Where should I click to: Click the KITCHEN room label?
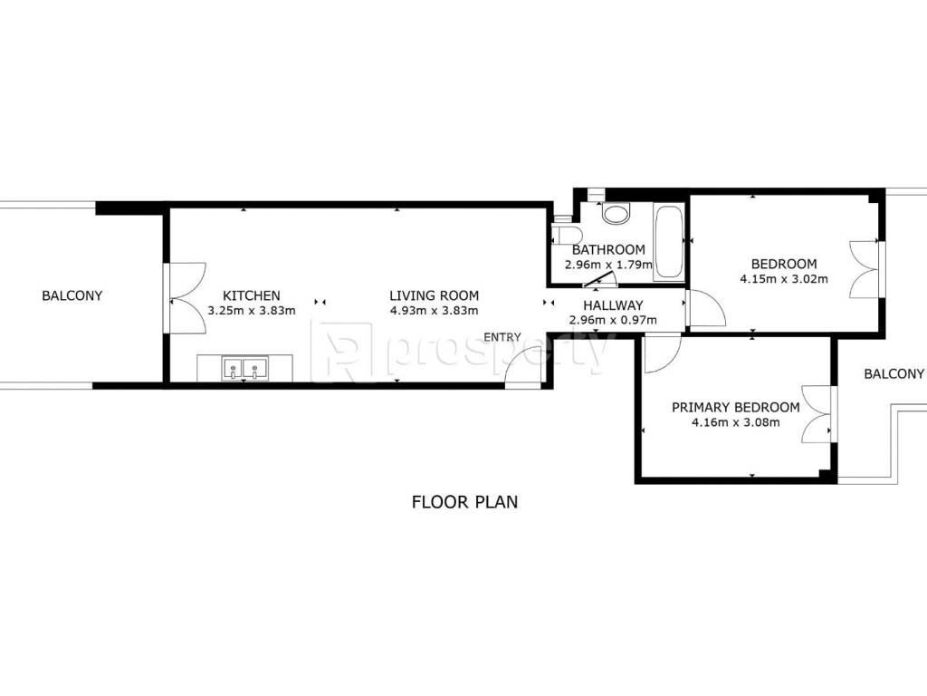(252, 295)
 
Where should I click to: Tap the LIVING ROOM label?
(434, 295)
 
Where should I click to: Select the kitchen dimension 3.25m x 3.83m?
(252, 310)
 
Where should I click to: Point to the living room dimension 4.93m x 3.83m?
(434, 310)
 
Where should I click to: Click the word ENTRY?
(502, 337)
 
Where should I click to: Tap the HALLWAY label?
(613, 305)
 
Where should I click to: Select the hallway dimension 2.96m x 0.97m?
(613, 320)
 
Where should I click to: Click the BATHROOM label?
(608, 250)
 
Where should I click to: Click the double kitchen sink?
(244, 368)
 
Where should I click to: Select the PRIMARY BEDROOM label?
(735, 407)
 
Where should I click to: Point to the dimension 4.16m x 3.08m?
(735, 422)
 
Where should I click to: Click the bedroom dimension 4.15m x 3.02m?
(784, 279)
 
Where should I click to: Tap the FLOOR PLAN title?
(464, 502)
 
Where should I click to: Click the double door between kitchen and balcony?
(184, 297)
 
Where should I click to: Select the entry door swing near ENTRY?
(523, 366)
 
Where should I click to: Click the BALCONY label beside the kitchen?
(72, 295)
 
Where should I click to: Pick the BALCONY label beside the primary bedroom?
(894, 373)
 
